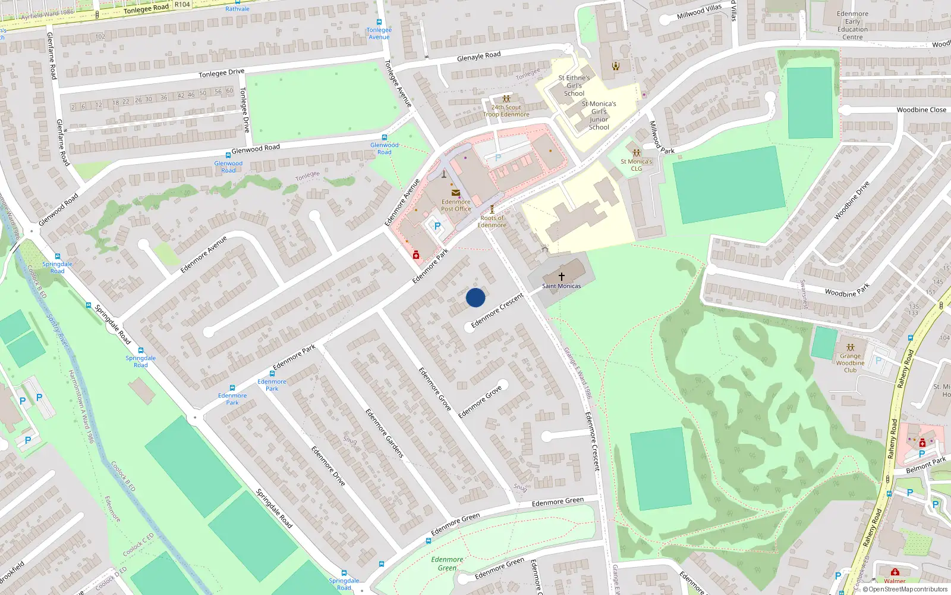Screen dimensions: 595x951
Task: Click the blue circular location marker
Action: (x=475, y=297)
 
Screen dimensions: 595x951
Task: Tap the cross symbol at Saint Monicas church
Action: (x=561, y=276)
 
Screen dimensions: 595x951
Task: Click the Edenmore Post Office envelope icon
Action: (x=455, y=192)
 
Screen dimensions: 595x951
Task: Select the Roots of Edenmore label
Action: (x=492, y=221)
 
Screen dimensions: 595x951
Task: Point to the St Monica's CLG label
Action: (x=636, y=165)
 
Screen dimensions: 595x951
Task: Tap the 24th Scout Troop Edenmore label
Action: (x=506, y=111)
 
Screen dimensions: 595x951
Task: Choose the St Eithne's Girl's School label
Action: (x=574, y=86)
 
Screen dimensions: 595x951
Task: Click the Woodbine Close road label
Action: (x=921, y=110)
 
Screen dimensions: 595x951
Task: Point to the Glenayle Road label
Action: (x=478, y=57)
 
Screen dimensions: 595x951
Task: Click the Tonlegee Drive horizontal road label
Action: (x=221, y=73)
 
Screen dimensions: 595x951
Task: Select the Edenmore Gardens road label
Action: (x=384, y=433)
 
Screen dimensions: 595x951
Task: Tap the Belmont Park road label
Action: (x=925, y=465)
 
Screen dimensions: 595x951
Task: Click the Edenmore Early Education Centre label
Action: (x=852, y=26)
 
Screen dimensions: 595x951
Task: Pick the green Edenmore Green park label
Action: (x=447, y=563)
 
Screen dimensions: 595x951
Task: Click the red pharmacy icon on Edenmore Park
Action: (x=416, y=255)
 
